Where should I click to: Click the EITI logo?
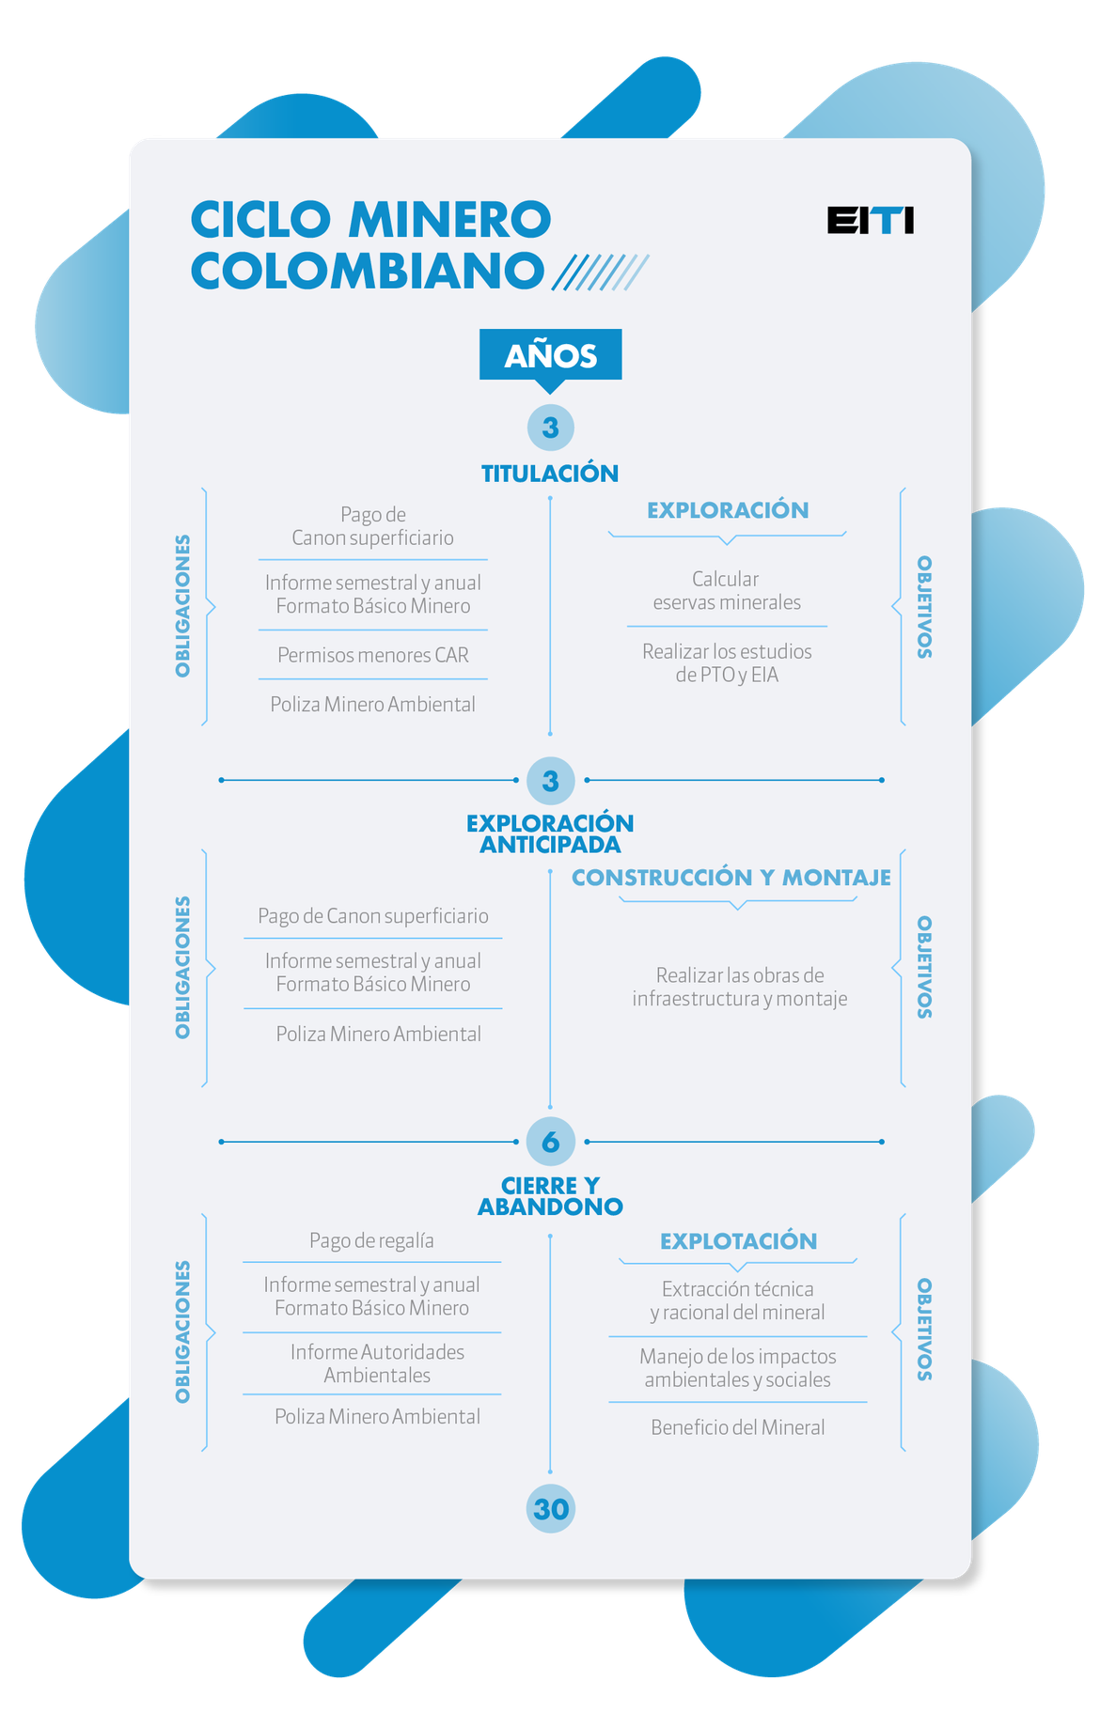coord(870,220)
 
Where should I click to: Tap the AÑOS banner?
coord(550,355)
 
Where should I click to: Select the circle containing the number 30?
coord(550,1508)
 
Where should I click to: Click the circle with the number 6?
coord(550,1142)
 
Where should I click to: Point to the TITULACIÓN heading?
coord(550,473)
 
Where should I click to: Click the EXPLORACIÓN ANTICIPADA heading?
coord(550,833)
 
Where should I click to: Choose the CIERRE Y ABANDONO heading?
coord(550,1196)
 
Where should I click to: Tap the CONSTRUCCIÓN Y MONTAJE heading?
coord(731,878)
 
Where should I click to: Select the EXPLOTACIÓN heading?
coord(738,1241)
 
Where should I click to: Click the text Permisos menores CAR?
coord(373,655)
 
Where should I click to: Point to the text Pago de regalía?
coord(371,1240)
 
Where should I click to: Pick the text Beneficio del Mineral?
coord(738,1427)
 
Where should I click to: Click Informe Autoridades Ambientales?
coord(377,1363)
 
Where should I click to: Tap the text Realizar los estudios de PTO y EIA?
coord(727,662)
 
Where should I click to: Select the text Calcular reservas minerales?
coord(727,590)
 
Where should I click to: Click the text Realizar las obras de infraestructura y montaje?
coord(739,987)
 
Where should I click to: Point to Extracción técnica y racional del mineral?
coord(738,1300)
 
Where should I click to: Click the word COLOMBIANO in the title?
coord(367,271)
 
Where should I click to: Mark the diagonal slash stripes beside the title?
coord(600,272)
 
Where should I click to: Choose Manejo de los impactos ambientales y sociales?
coord(738,1368)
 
